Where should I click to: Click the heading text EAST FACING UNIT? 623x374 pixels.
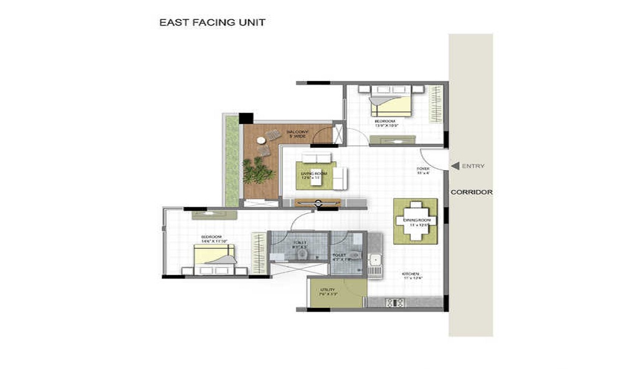212,22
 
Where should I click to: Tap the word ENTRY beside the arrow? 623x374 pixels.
473,166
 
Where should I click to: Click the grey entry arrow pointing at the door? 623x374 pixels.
455,166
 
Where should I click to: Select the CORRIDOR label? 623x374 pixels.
471,192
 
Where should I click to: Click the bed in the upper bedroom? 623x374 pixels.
391,101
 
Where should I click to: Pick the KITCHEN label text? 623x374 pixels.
409,276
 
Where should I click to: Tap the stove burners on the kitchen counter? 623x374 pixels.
395,303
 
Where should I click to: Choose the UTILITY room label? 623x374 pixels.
328,291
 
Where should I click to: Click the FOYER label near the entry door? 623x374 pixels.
422,170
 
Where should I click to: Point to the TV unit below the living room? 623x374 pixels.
318,202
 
